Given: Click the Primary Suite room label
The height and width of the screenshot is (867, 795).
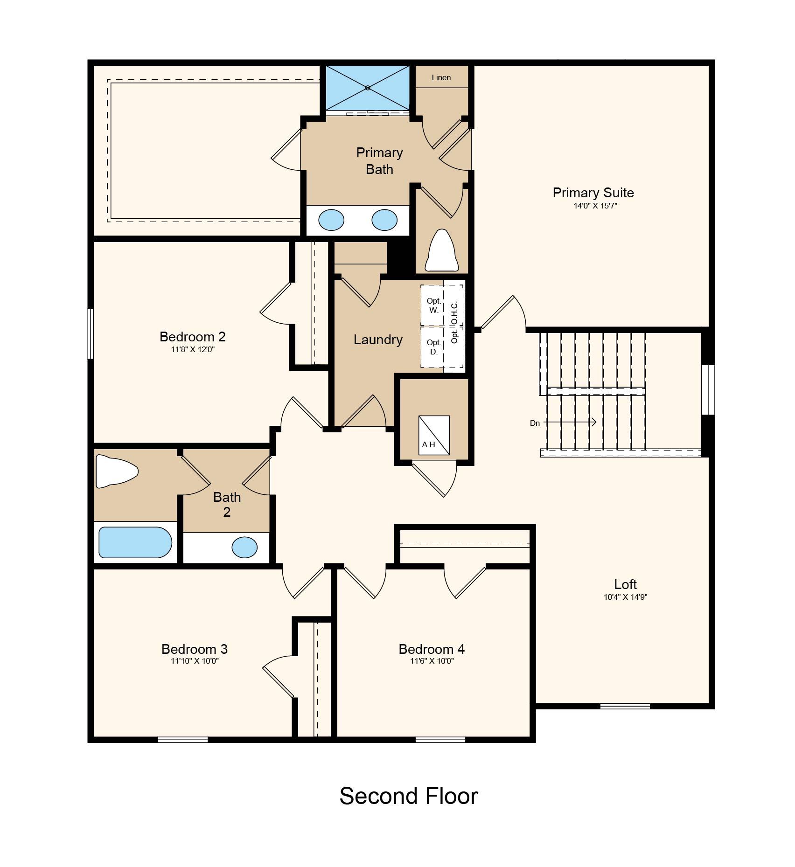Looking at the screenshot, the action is click(x=593, y=193).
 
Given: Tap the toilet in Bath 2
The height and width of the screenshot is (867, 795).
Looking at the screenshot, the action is click(x=117, y=472).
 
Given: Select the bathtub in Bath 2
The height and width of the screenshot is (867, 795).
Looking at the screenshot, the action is click(x=135, y=542).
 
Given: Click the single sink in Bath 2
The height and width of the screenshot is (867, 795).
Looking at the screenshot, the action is click(x=244, y=547).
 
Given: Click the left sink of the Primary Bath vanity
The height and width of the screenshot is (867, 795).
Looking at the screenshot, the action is click(x=331, y=220).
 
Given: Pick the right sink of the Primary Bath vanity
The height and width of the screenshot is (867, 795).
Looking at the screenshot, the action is click(x=384, y=220).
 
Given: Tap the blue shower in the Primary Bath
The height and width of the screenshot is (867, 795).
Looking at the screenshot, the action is click(x=368, y=88).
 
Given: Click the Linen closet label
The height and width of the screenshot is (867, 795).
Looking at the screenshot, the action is click(x=441, y=77).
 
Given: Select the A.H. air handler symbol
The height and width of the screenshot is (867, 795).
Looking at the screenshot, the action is click(x=434, y=435).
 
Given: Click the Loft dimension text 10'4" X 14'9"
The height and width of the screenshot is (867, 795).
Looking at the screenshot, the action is click(x=625, y=596).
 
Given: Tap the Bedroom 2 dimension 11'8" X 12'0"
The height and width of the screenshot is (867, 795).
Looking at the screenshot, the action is click(x=192, y=349).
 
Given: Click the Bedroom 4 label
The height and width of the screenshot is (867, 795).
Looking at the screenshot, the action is click(x=432, y=649).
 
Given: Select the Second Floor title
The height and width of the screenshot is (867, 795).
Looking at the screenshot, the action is click(x=409, y=796).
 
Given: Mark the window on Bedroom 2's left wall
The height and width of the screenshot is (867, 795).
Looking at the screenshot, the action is click(x=91, y=334).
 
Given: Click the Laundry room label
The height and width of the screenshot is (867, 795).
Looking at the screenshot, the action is click(x=378, y=340).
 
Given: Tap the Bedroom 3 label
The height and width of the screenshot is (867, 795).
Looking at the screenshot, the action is click(x=195, y=649).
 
